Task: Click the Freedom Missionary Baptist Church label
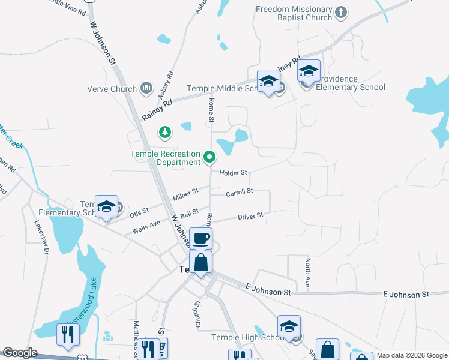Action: coord(294,13)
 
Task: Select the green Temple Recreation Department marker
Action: coord(209,157)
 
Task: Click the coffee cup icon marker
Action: coord(200,238)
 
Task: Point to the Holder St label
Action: coord(234,173)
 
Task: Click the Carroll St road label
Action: coord(240,193)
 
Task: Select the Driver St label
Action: coord(250,216)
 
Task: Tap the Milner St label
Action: coord(186,194)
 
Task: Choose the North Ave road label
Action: coord(307,273)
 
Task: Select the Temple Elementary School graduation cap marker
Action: coord(106,208)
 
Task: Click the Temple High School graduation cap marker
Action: coord(289,328)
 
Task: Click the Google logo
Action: coord(20,353)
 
